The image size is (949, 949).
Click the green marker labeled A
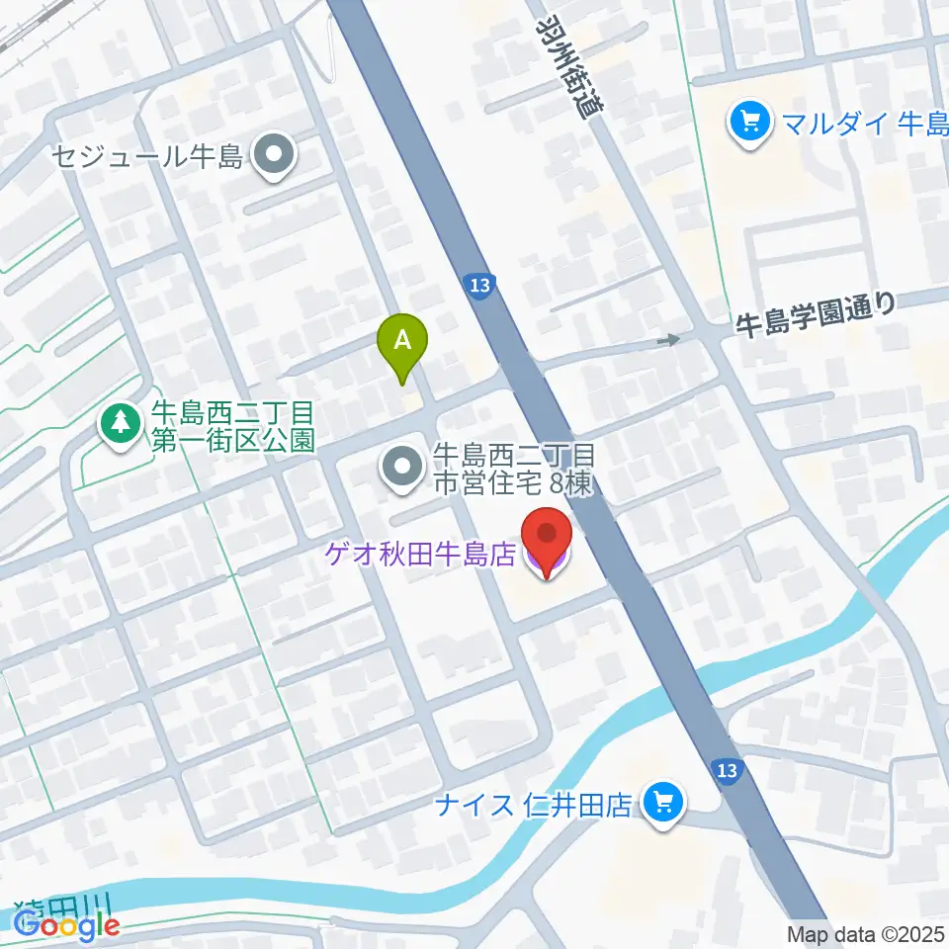pyautogui.click(x=402, y=342)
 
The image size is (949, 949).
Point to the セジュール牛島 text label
pyautogui.click(x=149, y=157)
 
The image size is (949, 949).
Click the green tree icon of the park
pyautogui.click(x=120, y=423)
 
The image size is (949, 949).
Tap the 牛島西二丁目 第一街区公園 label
pyautogui.click(x=232, y=424)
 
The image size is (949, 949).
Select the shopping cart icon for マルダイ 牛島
pyautogui.click(x=748, y=124)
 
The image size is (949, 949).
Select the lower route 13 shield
pyautogui.click(x=728, y=770)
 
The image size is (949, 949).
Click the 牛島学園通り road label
pyautogui.click(x=816, y=314)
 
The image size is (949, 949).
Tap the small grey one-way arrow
pyautogui.click(x=670, y=340)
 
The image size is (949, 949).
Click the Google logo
pyautogui.click(x=67, y=924)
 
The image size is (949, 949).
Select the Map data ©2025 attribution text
pyautogui.click(x=865, y=933)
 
